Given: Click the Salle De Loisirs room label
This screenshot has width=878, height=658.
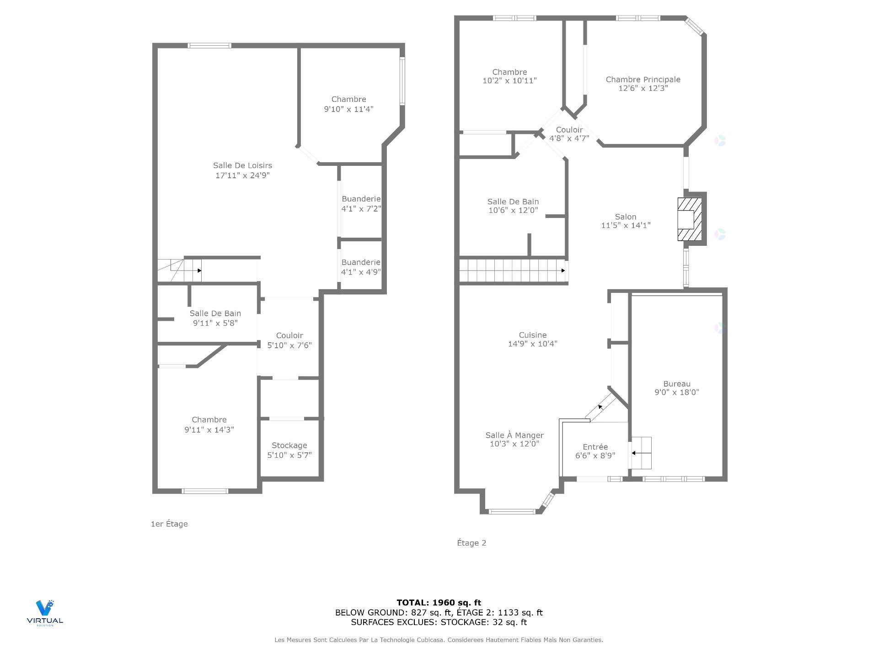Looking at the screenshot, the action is (242, 165).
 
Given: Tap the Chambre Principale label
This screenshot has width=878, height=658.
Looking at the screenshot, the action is (643, 80).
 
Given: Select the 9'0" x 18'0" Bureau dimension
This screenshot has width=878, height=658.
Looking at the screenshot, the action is (677, 392).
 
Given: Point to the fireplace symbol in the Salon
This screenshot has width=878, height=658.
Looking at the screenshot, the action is (690, 219).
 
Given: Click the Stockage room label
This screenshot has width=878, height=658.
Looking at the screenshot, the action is (289, 445).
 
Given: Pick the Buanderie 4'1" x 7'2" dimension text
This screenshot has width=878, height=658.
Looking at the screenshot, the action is (361, 209).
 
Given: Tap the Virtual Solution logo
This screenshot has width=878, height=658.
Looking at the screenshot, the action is (45, 613).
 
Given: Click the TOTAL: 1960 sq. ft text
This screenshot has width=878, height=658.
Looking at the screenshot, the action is (439, 603).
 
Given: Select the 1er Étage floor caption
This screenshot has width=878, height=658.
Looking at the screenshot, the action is (169, 524).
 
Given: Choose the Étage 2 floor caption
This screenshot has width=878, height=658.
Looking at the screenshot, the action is (471, 543).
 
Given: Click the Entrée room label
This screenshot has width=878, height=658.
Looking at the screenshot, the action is (595, 447).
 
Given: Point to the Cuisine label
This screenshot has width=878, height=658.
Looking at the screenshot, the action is (533, 335).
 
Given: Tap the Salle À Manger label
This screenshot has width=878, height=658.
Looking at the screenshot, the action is (514, 435).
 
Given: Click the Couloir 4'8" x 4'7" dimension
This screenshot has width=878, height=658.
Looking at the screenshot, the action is (569, 138).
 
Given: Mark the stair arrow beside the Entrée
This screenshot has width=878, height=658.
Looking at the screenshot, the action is (642, 453).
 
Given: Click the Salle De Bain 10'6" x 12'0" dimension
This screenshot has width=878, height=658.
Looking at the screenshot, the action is (513, 210).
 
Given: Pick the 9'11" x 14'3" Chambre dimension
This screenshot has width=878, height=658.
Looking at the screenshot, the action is (209, 430).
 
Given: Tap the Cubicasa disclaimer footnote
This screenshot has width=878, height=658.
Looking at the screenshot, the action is (439, 640).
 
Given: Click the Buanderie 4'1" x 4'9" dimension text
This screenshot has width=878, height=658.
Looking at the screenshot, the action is (361, 272).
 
